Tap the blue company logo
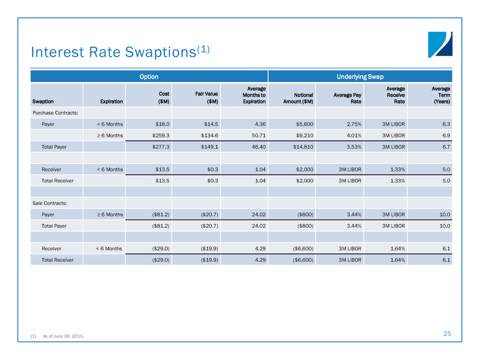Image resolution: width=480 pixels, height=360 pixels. pyautogui.click(x=440, y=44)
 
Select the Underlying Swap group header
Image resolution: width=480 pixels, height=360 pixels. pyautogui.click(x=360, y=77)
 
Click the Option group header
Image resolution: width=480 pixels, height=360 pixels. pyautogui.click(x=149, y=77)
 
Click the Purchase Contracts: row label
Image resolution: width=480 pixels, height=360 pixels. pyautogui.click(x=56, y=112)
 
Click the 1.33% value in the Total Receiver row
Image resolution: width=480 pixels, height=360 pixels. pyautogui.click(x=397, y=180)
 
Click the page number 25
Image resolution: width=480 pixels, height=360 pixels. pyautogui.click(x=447, y=333)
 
